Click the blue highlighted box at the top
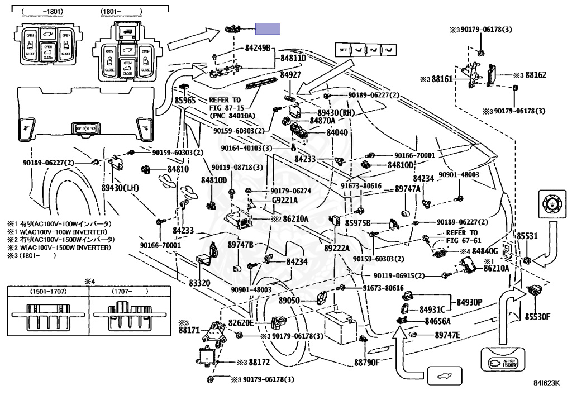[x=268, y=30]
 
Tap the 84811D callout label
[x=293, y=58]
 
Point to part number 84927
[x=291, y=74]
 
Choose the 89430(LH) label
[x=120, y=188]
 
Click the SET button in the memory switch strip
[x=343, y=50]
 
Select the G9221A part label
[x=285, y=200]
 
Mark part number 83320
[x=199, y=283]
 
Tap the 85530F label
[x=537, y=317]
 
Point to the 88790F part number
[x=366, y=361]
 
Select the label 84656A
[x=437, y=321]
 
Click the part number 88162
[x=536, y=74]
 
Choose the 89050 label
[x=289, y=301]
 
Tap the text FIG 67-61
[x=463, y=240]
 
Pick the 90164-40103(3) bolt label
[x=246, y=149]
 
